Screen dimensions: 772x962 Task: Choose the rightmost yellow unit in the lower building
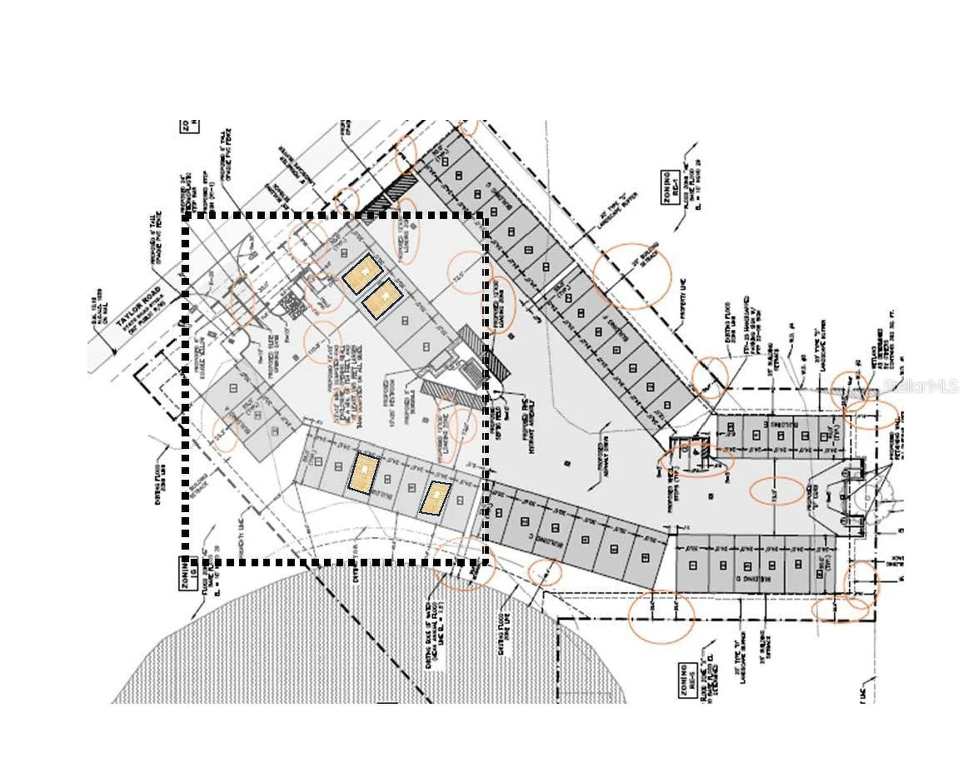tap(435, 498)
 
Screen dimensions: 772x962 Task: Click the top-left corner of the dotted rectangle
tap(186, 217)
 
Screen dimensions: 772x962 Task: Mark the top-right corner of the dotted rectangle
tap(484, 217)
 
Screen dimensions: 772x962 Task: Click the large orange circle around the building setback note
tap(631, 276)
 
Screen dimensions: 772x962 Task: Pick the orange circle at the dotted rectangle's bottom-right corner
tap(463, 564)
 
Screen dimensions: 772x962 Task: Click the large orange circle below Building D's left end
tap(661, 617)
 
